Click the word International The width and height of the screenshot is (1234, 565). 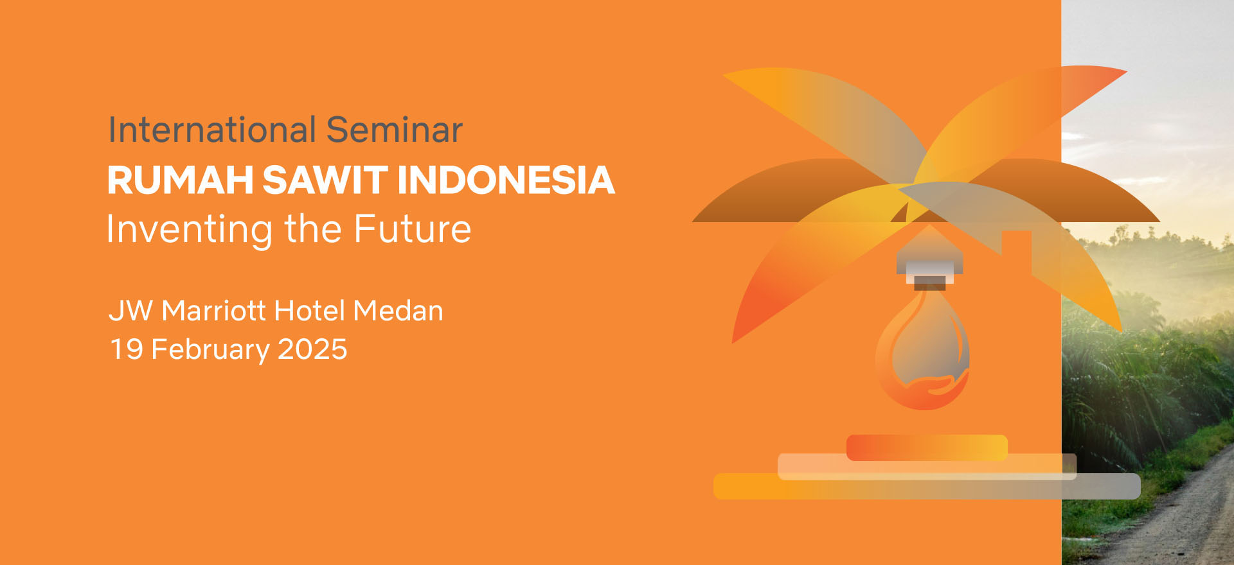212,130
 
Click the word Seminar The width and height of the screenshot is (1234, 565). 395,130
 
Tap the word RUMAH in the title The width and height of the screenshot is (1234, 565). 181,180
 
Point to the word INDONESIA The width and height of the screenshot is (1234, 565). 506,180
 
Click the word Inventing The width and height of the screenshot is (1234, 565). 190,230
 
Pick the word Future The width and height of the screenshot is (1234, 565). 413,229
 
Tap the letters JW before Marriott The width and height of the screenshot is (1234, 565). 131,311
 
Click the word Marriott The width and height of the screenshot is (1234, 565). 213,311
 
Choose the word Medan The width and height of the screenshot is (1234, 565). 398,311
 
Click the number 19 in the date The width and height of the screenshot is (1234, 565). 127,349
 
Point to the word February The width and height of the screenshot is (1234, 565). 210,351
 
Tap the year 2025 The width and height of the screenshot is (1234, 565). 312,349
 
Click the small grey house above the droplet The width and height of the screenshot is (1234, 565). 930,257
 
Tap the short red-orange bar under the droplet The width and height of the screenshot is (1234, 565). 927,448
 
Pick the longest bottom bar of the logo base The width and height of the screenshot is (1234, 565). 927,486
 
